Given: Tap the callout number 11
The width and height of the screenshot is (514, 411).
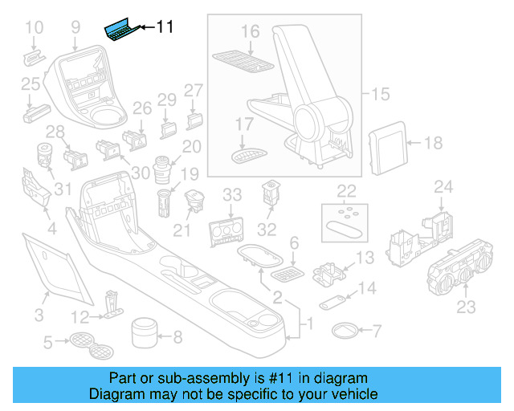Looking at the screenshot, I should coord(164,27).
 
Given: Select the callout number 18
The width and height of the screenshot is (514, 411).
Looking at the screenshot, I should coord(433,144).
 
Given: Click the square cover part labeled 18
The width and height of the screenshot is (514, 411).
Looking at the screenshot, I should coord(389,145).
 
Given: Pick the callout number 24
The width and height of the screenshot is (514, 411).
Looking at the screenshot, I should coord(443,187).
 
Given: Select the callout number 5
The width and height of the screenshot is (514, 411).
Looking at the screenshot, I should coord(47,344).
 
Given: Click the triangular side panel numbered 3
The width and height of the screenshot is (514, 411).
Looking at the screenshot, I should coord(54,262).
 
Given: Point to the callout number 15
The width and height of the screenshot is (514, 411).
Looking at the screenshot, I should coord(379,95).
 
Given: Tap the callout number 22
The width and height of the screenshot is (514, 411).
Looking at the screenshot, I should coord(346,191).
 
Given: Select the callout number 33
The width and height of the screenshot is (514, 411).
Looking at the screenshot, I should coord(232,194).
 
